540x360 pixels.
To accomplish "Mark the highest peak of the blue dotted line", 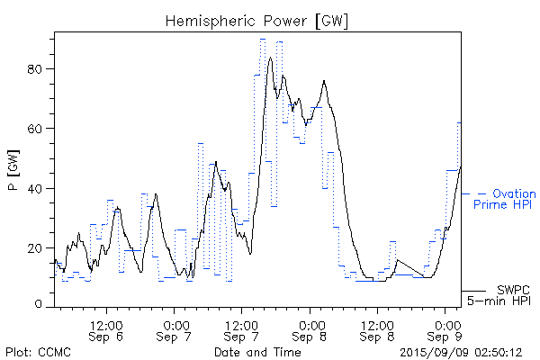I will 263,40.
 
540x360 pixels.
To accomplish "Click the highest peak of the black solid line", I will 270,58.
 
